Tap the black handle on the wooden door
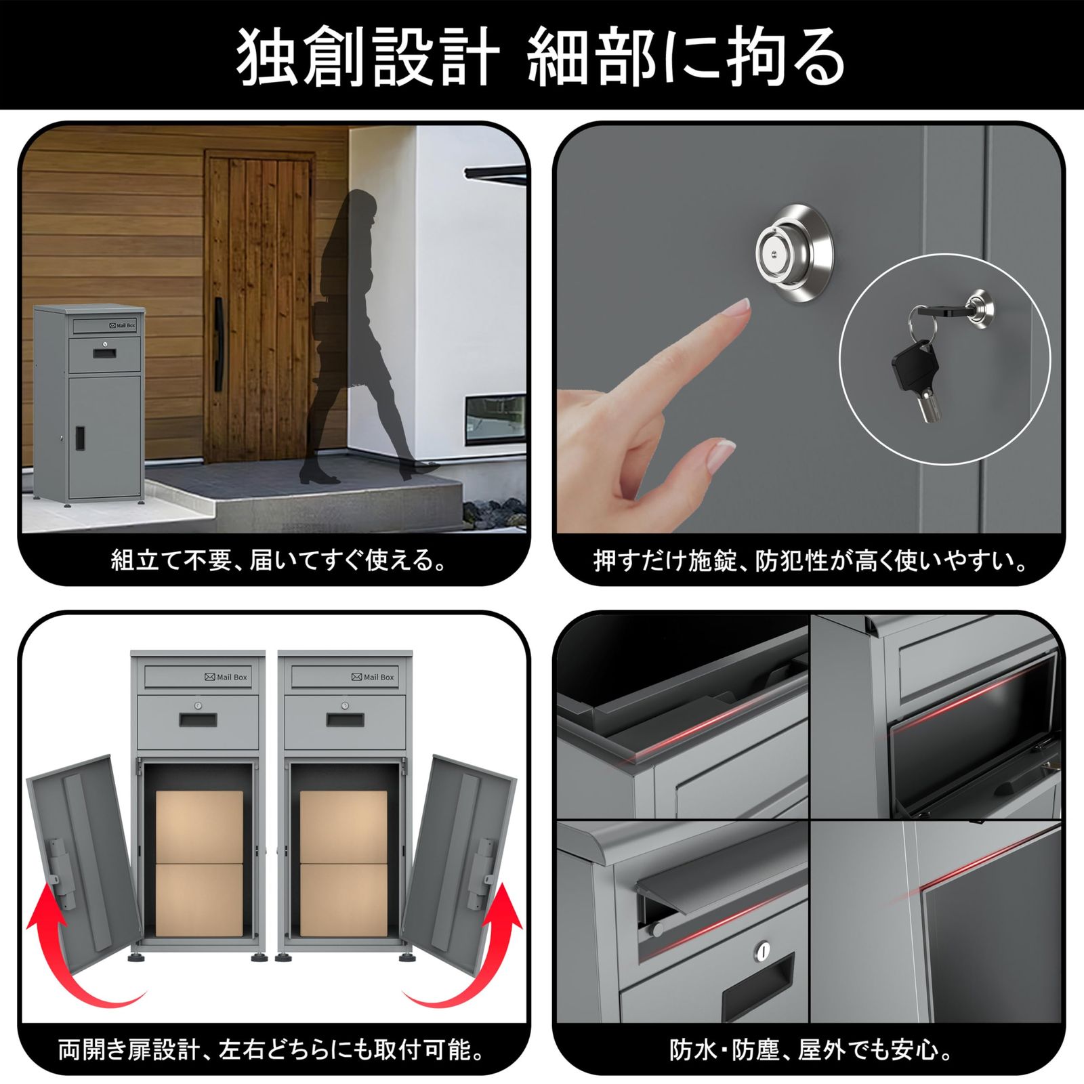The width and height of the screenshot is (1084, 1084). point(219,346)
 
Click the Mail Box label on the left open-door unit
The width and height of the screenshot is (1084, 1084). point(226,677)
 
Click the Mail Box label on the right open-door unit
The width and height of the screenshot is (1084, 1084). point(373,677)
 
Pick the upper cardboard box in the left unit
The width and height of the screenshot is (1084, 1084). point(199,827)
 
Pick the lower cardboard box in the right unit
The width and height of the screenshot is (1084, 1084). point(343,900)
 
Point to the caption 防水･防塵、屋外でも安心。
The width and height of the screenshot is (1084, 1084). point(811,1050)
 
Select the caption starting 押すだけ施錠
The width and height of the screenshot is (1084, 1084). point(811,561)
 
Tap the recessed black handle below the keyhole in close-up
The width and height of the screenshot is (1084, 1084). point(757,991)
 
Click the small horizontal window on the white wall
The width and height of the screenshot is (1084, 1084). point(496,420)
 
